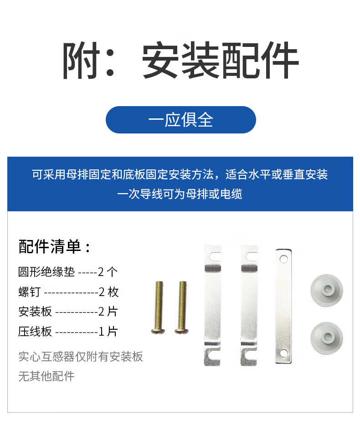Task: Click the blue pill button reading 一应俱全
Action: tap(180, 119)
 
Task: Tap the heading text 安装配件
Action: tap(220, 60)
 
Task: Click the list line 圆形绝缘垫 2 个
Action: tap(68, 272)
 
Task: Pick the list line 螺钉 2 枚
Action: tap(68, 292)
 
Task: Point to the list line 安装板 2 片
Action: tap(68, 312)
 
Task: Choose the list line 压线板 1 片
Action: tap(68, 332)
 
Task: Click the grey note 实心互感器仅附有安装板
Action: tap(81, 357)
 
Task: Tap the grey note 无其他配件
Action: tap(46, 376)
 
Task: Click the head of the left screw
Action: tap(158, 331)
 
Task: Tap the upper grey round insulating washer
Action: tap(326, 291)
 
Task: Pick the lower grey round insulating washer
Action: tap(326, 338)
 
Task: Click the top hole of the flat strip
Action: tap(283, 259)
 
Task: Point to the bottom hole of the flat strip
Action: tap(283, 353)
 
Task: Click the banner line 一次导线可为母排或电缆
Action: tap(180, 194)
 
